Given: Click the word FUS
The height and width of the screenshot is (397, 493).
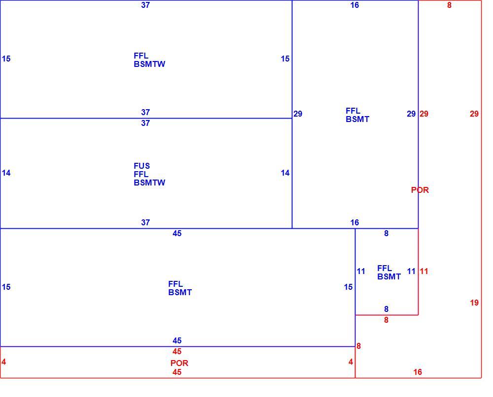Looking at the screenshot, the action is [x=141, y=166].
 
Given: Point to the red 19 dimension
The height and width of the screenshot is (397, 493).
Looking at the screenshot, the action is [x=474, y=303].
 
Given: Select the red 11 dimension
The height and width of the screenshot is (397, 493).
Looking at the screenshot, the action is [x=424, y=271].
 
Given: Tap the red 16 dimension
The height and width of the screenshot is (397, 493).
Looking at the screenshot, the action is [x=417, y=372].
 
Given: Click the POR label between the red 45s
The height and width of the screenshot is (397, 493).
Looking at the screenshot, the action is [x=179, y=363].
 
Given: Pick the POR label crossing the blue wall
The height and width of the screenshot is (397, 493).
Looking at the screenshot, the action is [x=420, y=190].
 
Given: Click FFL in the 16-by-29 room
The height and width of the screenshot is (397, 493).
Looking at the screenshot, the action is [x=353, y=111].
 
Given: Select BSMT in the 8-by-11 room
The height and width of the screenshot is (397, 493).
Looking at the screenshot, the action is [x=389, y=276].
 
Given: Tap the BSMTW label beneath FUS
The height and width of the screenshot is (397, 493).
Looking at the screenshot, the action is [x=149, y=183].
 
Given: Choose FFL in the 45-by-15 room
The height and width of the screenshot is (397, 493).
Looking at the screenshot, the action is [x=176, y=284].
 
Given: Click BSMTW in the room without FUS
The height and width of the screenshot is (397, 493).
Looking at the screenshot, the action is [x=149, y=64].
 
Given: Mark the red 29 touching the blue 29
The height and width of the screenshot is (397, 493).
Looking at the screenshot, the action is [x=424, y=114].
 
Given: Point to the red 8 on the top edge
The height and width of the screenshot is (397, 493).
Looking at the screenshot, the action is [x=449, y=5].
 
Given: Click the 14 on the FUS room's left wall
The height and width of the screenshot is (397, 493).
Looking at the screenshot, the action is [x=6, y=173].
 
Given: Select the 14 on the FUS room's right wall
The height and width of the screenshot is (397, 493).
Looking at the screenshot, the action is [x=285, y=173].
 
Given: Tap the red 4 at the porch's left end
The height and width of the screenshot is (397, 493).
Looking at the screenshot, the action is [x=3, y=362].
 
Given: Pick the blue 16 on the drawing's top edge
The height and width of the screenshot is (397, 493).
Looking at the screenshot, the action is [x=354, y=5].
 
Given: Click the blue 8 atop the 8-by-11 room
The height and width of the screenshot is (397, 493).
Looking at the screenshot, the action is [x=386, y=233].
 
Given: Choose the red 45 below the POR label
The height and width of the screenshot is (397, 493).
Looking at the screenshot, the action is [x=176, y=372].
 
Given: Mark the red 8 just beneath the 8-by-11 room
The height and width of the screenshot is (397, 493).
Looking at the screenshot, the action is [x=386, y=320].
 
